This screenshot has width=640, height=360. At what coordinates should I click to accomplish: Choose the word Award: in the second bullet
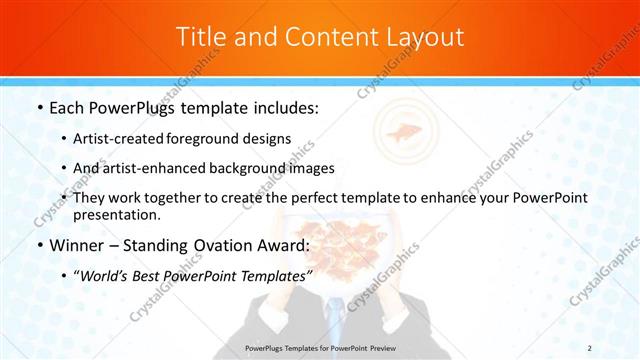pyautogui.click(x=283, y=245)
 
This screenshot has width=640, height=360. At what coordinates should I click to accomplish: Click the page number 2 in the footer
pyautogui.click(x=590, y=348)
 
